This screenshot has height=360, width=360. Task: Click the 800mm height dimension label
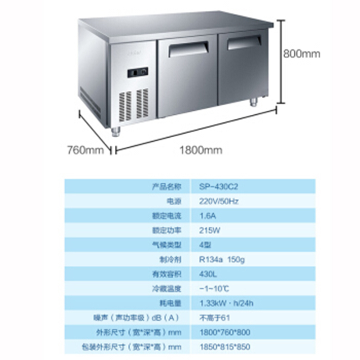coord(301,54)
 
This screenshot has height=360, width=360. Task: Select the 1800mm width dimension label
coord(201,150)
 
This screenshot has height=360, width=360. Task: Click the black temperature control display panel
coord(138,72)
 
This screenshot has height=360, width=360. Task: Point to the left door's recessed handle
coord(188,48)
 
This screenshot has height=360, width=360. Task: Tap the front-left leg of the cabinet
coord(116,132)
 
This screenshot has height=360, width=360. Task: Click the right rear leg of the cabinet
coord(254,103)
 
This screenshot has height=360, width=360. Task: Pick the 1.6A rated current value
coord(207,215)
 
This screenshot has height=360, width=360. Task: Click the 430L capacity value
coord(208,274)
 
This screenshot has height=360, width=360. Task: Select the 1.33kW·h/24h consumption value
coord(226,303)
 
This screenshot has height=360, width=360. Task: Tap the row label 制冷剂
coord(172,259)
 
